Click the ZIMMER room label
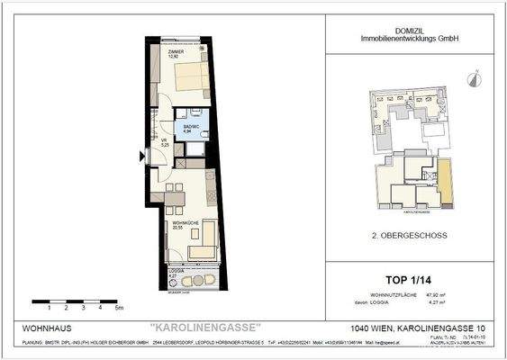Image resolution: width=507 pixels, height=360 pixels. tap(174, 54)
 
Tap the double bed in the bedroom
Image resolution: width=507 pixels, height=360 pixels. tap(192, 78)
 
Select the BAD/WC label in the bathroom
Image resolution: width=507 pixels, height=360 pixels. tap(190, 127)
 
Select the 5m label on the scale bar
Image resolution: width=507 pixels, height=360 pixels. tap(119, 307)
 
